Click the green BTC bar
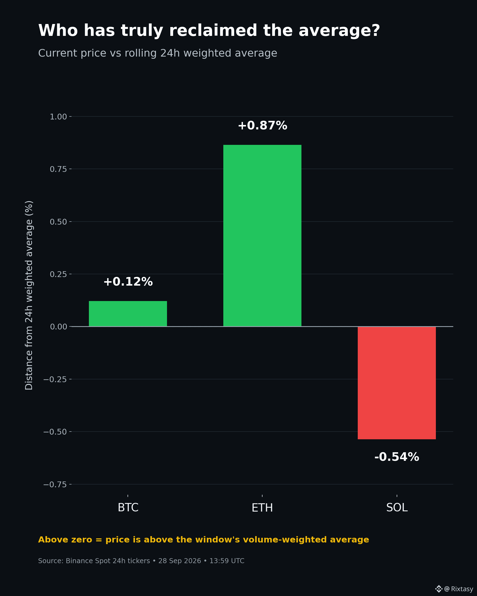[128, 314]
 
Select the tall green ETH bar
[262, 236]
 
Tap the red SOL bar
[396, 383]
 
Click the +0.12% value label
[128, 282]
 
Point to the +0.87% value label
[262, 126]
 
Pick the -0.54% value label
[396, 457]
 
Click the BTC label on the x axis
[128, 507]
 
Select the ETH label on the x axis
[262, 507]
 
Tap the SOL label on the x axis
[397, 507]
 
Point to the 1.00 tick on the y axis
[58, 117]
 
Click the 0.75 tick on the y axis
[58, 169]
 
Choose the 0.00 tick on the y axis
[58, 327]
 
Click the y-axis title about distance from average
[29, 295]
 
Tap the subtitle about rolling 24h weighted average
[158, 53]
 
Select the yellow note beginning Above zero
[203, 540]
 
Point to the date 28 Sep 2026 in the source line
[179, 561]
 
